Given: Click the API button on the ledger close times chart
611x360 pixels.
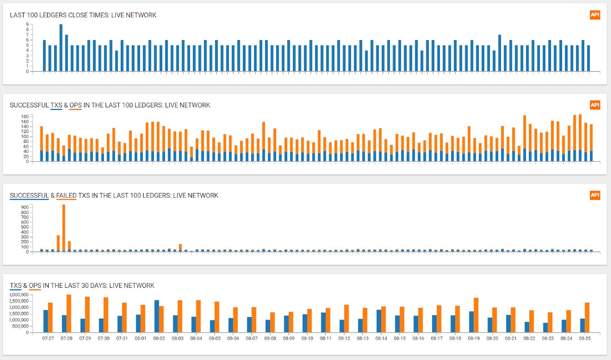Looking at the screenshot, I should pos(595,15).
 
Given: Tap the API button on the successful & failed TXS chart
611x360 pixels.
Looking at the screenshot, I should pos(595,195).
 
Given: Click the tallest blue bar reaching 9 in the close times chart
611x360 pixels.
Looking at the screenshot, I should pos(61,48).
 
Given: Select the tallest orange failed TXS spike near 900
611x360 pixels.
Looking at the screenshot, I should pos(64,228).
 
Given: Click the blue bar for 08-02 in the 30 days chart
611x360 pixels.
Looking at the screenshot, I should pos(157,316).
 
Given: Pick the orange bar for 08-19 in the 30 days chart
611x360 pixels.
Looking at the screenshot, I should pos(476,315).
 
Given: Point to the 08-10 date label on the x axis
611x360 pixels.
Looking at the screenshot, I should pos(307,339).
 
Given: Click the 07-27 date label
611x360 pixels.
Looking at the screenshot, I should pos(48,339).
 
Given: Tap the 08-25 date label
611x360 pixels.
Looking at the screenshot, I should pos(585,339).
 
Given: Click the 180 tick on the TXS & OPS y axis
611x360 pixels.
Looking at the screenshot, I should pos(25,117).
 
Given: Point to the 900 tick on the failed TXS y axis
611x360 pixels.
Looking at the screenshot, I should pos(25,208).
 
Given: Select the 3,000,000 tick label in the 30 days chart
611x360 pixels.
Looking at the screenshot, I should pos(19,295).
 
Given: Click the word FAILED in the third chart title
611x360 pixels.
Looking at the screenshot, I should pos(66,196).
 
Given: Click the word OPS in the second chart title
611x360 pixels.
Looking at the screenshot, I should pos(75,105).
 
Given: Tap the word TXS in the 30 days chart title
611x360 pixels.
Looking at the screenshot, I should pos(16,285).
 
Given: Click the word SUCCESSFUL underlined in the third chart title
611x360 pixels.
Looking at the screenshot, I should pos(29,196).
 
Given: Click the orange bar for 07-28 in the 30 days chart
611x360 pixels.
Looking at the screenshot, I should pos(69,313).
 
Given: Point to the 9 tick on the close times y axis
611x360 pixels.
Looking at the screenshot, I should pos(27,24).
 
